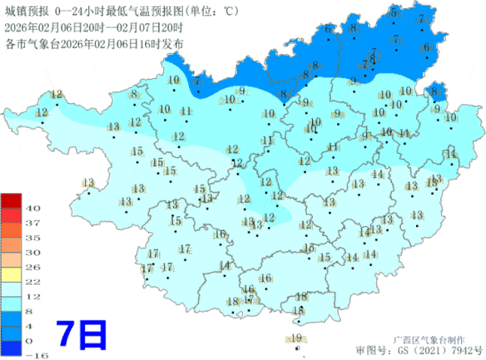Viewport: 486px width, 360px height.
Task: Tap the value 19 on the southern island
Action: pos(296,338)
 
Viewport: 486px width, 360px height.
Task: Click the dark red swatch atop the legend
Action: pos(11,201)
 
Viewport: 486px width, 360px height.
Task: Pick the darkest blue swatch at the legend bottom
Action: pos(11,348)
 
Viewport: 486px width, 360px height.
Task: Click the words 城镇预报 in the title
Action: pos(27,11)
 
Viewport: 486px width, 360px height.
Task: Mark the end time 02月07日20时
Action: pos(148,27)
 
